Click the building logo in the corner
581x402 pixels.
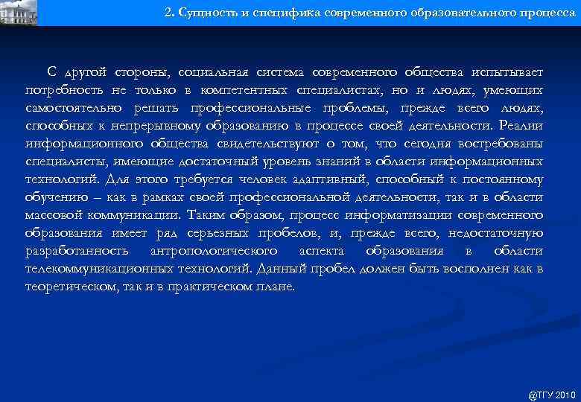click(x=18, y=10)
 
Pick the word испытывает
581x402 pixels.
click(x=507, y=72)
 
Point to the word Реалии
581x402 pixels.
click(x=521, y=126)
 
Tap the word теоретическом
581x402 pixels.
click(x=67, y=287)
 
